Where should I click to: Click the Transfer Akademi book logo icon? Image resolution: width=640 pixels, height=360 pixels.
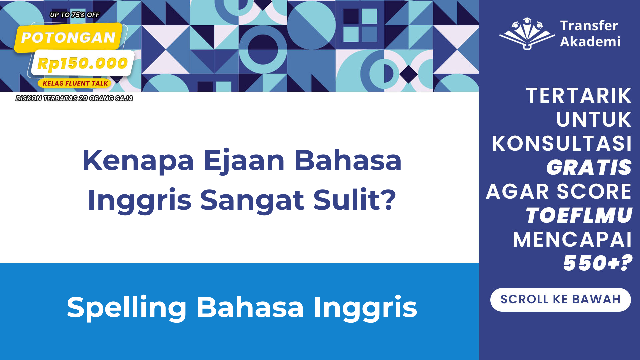[527, 34]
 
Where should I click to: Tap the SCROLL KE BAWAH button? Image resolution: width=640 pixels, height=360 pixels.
[560, 300]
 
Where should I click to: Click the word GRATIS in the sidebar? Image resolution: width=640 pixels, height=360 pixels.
[589, 167]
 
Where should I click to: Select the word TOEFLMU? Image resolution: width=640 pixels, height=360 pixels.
[579, 215]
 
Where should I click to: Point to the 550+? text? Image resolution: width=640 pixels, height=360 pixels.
[598, 263]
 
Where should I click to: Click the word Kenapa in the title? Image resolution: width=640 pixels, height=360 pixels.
[138, 161]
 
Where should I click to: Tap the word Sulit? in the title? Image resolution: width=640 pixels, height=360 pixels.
[355, 200]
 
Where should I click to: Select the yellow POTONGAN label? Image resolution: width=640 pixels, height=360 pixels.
[68, 38]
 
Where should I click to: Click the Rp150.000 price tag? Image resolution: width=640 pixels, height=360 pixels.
[82, 63]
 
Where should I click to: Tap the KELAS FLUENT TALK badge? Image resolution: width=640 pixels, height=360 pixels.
[75, 83]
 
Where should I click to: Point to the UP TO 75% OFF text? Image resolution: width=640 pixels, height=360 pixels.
[75, 15]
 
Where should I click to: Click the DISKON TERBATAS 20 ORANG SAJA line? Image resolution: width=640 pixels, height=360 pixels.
[74, 98]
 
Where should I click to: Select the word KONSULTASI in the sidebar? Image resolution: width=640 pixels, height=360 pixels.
[562, 144]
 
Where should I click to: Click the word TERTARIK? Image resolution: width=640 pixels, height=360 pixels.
[579, 96]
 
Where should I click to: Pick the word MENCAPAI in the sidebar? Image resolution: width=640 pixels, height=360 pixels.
[572, 239]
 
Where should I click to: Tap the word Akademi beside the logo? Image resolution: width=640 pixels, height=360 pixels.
[590, 42]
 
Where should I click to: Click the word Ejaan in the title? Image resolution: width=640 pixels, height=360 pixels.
[244, 161]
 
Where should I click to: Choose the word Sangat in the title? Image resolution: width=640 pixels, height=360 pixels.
[252, 200]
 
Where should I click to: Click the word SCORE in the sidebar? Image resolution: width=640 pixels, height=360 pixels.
[594, 191]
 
